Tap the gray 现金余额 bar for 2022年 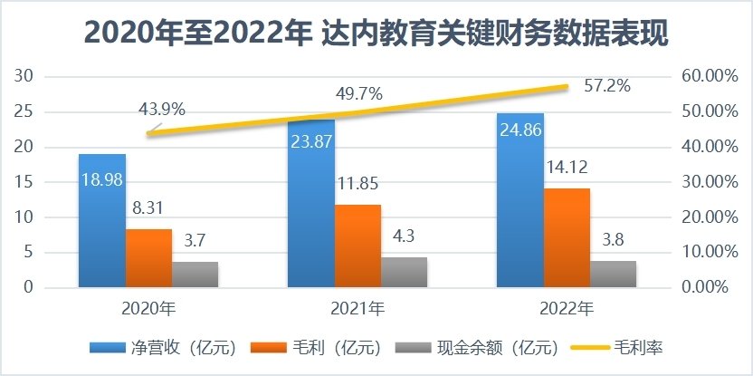click(613, 274)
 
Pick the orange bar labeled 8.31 click(148, 258)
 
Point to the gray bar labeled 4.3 click(404, 272)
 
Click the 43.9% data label click(162, 110)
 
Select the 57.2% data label click(607, 86)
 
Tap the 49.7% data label click(358, 92)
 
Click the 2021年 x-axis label click(357, 309)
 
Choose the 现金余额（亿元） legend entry click(485, 348)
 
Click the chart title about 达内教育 click(376, 34)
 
